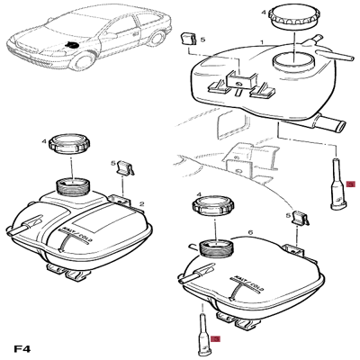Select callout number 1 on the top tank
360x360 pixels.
click(261, 42)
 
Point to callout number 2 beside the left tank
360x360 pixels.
click(141, 205)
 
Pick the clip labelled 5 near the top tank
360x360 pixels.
click(189, 40)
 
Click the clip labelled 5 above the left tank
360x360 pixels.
click(127, 167)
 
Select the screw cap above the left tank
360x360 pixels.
click(68, 144)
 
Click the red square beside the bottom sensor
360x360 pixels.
click(214, 338)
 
